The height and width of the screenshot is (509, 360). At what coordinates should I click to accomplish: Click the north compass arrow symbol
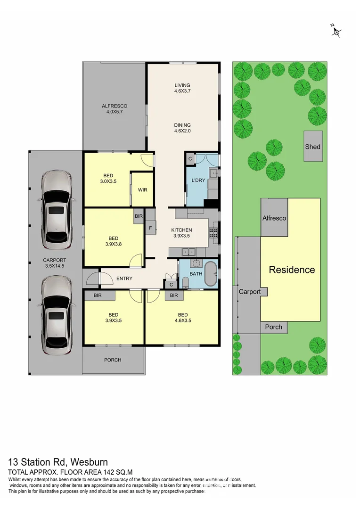pyautogui.click(x=336, y=31)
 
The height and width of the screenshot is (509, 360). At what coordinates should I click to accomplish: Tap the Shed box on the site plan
pyautogui.click(x=313, y=147)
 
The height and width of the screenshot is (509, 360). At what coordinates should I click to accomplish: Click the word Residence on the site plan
pyautogui.click(x=292, y=270)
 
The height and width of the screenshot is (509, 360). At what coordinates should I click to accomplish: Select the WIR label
pyautogui.click(x=143, y=190)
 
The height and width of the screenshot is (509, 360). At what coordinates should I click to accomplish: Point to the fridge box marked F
pyautogui.click(x=150, y=229)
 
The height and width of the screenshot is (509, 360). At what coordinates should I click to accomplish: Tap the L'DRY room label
pyautogui.click(x=197, y=181)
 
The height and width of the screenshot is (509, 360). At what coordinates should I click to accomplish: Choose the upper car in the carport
pyautogui.click(x=56, y=210)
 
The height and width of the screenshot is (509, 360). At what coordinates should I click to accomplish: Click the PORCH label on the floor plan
pyautogui.click(x=113, y=360)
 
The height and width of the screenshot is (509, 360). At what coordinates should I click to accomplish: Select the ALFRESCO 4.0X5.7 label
pyautogui.click(x=115, y=109)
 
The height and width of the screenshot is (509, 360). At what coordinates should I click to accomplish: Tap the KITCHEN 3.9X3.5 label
pyautogui.click(x=181, y=233)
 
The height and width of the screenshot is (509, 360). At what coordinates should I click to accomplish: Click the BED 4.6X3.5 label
pyautogui.click(x=183, y=318)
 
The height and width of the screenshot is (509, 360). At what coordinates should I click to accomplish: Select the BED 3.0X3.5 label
pyautogui.click(x=108, y=179)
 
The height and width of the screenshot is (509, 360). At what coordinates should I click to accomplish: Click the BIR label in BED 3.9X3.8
pyautogui.click(x=139, y=216)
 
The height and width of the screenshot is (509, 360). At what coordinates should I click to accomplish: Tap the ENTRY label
pyautogui.click(x=124, y=279)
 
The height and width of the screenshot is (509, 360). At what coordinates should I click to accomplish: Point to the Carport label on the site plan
pyautogui.click(x=249, y=292)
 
